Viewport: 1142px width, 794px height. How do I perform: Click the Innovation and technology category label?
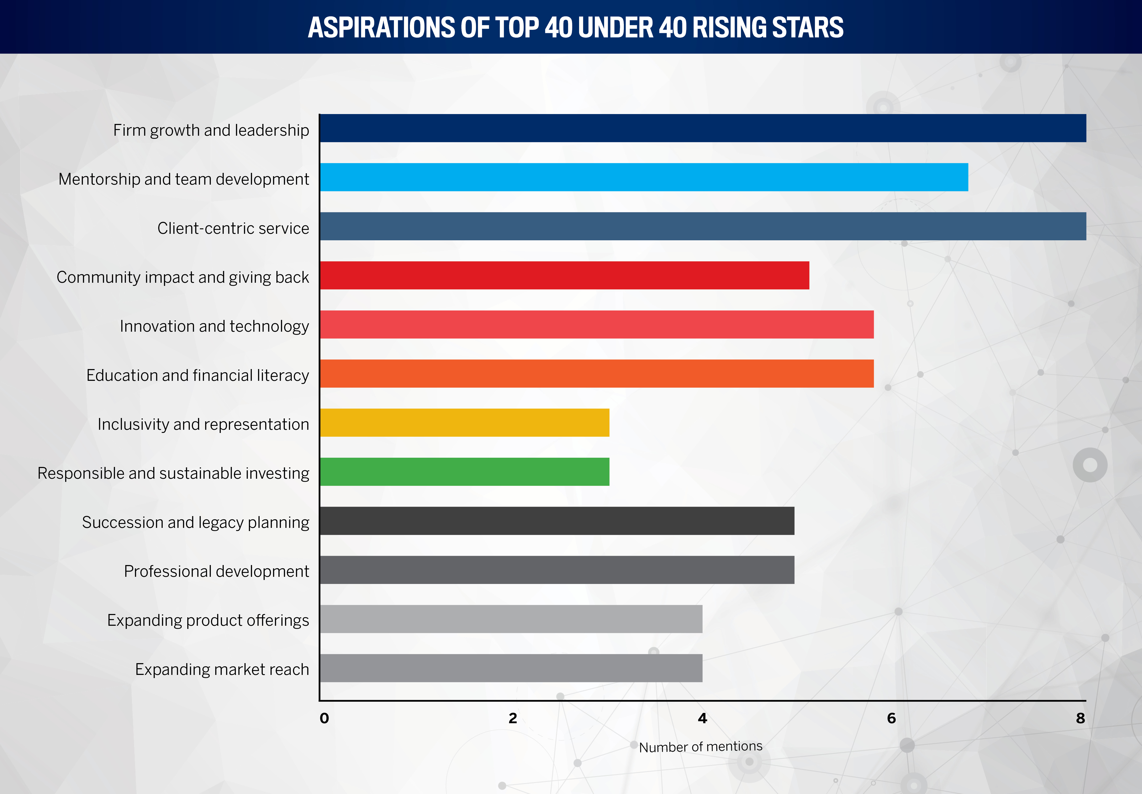coord(214,326)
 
